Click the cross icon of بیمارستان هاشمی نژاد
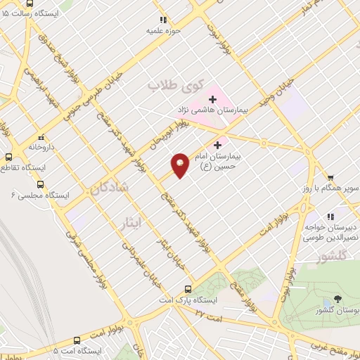[x=212, y=100]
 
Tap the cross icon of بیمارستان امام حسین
[x=227, y=145]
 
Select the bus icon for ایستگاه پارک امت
[x=188, y=289]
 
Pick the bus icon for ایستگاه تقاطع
[x=9, y=157]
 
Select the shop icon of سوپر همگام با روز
[x=330, y=179]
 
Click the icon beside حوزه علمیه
[x=162, y=20]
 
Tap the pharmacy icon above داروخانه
[x=41, y=138]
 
